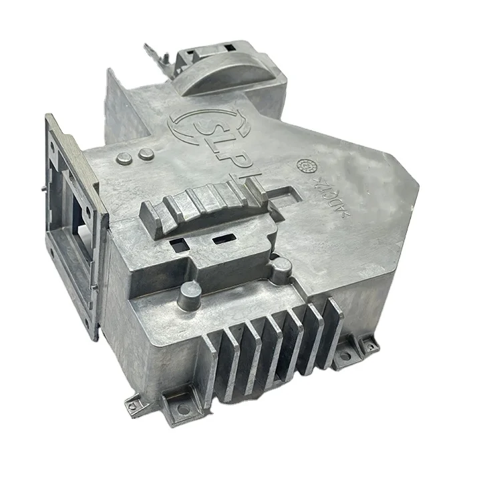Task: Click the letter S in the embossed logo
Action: coord(198,128)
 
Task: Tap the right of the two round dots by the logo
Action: coord(144,155)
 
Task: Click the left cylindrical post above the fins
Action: coord(190,294)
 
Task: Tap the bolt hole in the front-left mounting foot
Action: coord(182,407)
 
